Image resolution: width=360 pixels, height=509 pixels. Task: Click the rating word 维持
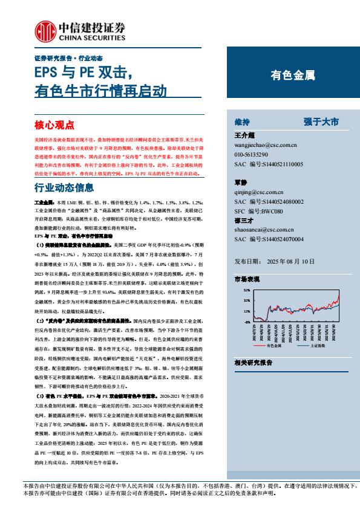click(x=242, y=122)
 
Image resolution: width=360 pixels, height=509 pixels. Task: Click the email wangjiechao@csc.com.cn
click(x=265, y=145)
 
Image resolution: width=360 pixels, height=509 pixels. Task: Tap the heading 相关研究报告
click(x=253, y=362)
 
